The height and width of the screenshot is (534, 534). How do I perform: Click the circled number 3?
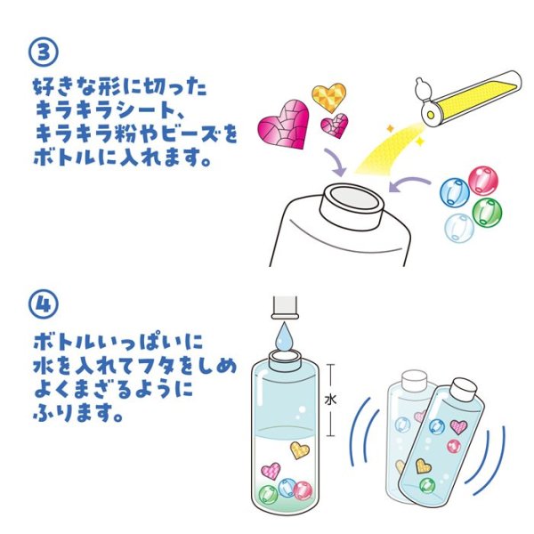(44, 53)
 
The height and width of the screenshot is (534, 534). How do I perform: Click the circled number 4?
(44, 304)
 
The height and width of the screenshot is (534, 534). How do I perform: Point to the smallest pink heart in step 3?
(335, 125)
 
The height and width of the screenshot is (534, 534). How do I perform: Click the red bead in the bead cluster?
(483, 180)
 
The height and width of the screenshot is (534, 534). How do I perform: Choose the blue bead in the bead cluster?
(455, 191)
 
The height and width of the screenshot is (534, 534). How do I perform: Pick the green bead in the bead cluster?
(487, 212)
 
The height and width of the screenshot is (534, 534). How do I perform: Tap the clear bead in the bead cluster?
(459, 228)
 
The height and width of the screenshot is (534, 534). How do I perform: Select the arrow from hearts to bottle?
(335, 162)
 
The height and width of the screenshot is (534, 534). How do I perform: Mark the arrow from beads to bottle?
(409, 182)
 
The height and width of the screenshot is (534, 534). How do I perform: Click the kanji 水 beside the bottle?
(330, 400)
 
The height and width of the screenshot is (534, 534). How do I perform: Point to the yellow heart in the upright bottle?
(300, 449)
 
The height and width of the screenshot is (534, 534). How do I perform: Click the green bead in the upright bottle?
(269, 494)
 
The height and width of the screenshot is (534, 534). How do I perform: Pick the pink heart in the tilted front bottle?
(458, 426)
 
